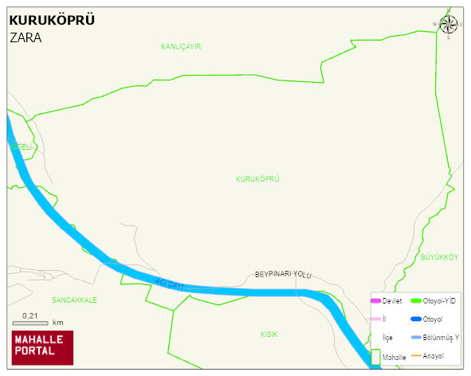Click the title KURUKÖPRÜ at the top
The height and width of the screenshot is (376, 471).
52,20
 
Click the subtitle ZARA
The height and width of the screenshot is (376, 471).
26,37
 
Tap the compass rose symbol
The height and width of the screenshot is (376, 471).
449,25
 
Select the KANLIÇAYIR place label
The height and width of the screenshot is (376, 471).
181,47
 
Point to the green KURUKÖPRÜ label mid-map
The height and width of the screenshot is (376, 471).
257,179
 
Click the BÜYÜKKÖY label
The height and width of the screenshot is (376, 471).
440,257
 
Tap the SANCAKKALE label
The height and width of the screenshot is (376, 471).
74,300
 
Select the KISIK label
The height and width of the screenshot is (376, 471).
269,335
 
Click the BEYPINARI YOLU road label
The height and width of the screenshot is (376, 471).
283,274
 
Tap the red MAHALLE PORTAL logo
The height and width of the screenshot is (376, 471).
42,348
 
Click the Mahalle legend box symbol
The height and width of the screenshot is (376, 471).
375,358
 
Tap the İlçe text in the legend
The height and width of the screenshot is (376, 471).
387,338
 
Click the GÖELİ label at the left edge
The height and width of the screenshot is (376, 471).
22,147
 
